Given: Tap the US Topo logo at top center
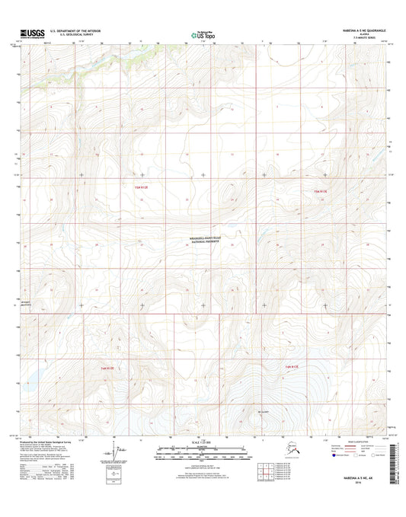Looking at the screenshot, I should click(x=202, y=34).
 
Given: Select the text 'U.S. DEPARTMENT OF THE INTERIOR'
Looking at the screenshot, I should click(x=75, y=31).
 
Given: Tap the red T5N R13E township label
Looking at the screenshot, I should click(x=318, y=191).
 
